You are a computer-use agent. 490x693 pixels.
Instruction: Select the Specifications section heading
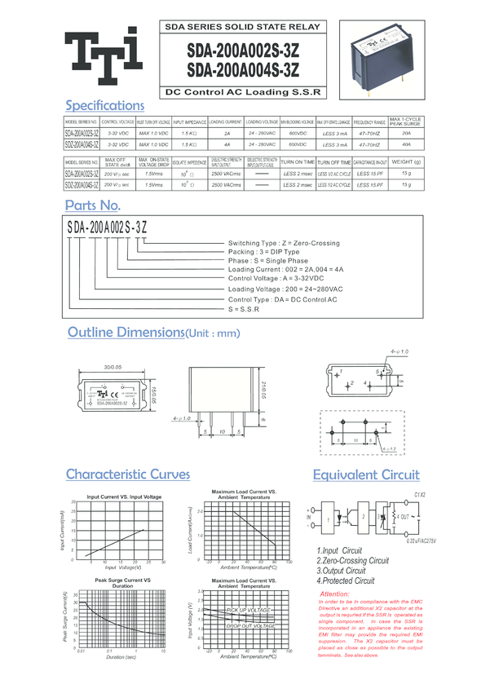point(104,105)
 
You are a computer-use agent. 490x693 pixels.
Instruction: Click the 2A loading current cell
point(227,132)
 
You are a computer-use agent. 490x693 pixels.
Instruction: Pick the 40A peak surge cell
point(406,143)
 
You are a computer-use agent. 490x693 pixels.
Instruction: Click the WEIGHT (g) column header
point(406,161)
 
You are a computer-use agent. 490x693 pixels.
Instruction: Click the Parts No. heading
point(93,205)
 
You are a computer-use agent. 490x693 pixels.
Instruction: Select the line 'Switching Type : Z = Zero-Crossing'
point(283,244)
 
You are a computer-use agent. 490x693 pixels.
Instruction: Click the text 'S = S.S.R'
point(244,309)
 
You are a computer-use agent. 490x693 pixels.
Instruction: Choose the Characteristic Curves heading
point(128,475)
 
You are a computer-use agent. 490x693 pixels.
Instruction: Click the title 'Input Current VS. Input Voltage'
point(124,497)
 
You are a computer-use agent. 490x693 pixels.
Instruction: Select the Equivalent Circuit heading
point(366,475)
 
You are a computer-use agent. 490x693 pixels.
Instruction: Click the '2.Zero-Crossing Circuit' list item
point(352,561)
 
